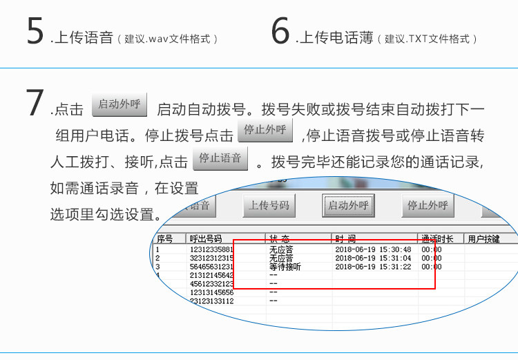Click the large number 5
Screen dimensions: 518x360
[35, 32]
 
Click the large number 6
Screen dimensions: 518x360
[280, 32]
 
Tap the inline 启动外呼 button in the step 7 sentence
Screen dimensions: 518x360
[119, 104]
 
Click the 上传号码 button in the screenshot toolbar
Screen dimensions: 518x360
[269, 205]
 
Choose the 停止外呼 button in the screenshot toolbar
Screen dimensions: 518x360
[428, 205]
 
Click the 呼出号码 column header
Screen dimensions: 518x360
[206, 239]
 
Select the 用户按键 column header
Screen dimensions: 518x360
[483, 239]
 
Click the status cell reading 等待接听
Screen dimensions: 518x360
[285, 267]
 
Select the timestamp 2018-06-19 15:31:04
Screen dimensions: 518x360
[373, 258]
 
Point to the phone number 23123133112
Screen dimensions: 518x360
[212, 301]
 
